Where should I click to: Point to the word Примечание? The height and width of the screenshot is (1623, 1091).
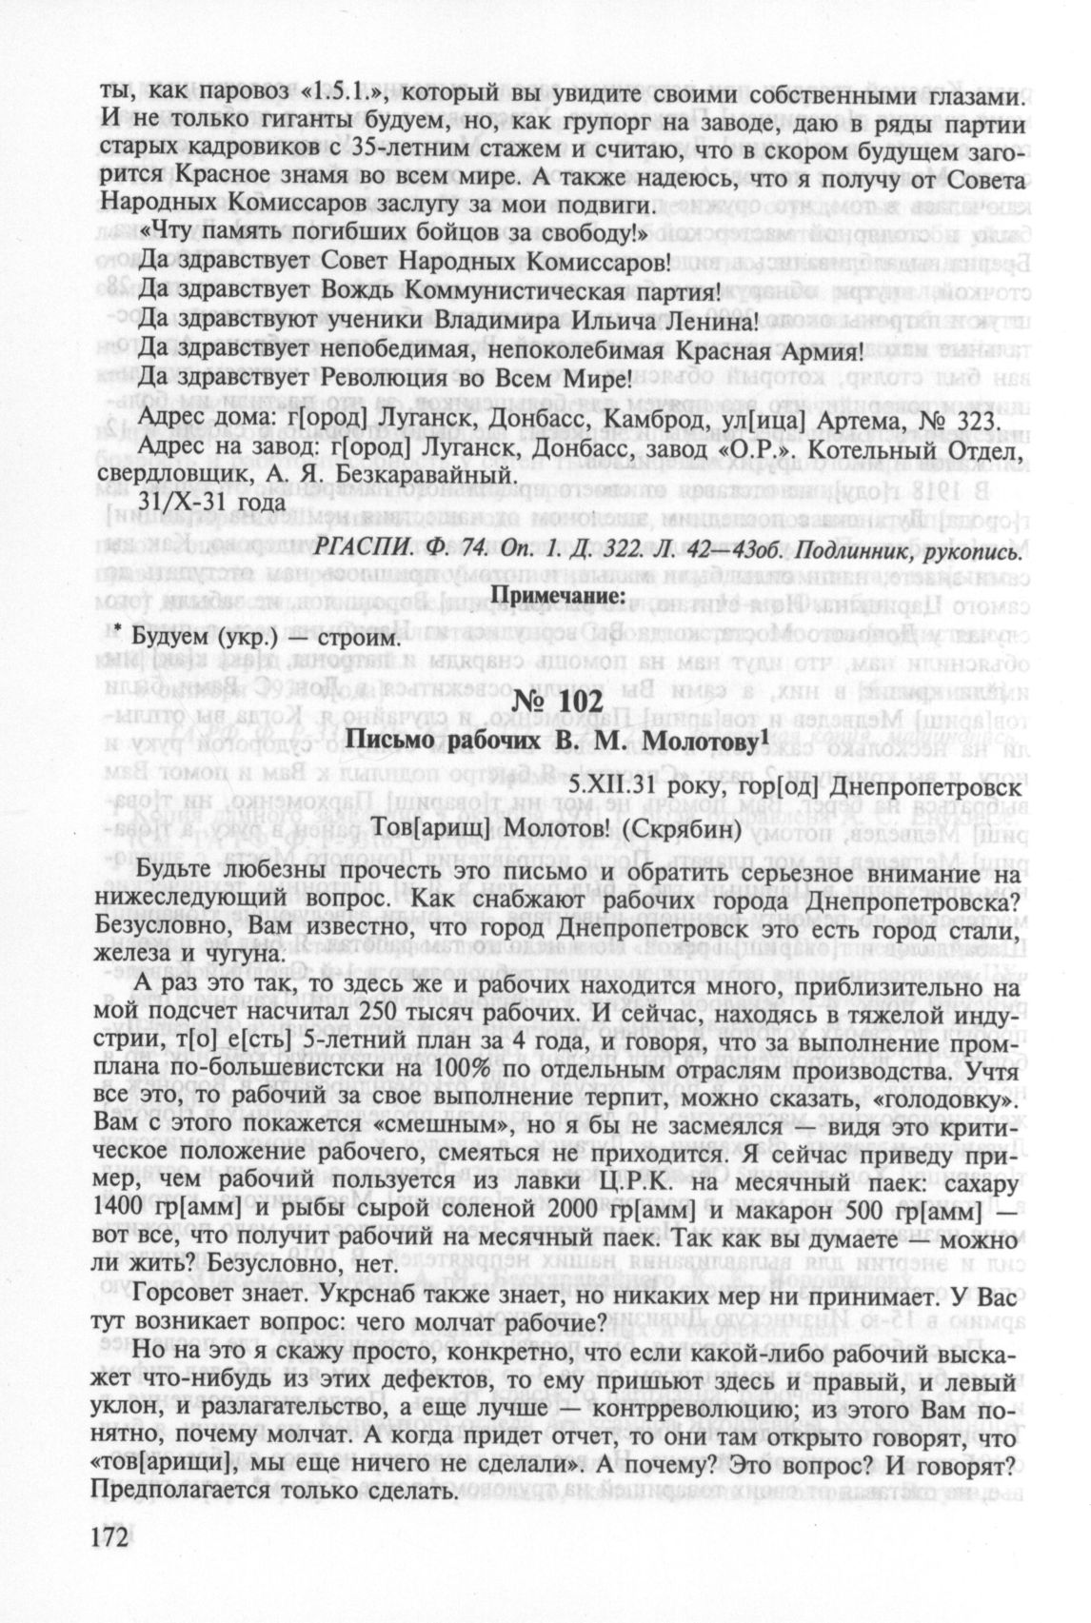click(x=557, y=594)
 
